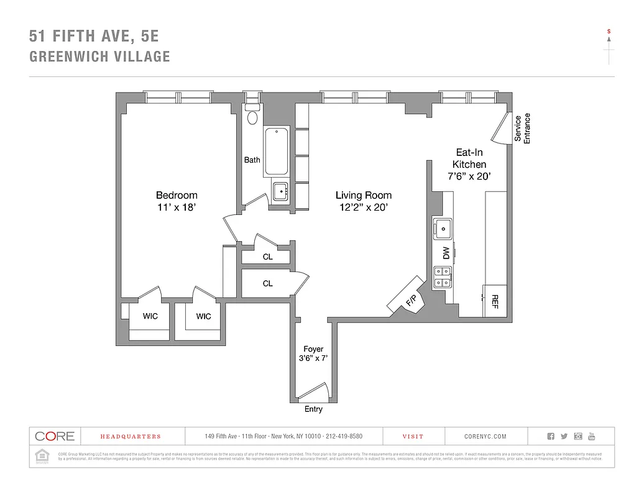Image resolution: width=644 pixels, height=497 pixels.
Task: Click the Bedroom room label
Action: click(x=177, y=195)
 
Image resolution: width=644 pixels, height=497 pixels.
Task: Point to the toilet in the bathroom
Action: click(x=252, y=117)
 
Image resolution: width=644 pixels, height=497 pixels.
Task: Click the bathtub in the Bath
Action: click(x=276, y=152)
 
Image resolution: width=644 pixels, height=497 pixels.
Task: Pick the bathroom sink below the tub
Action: click(x=281, y=191)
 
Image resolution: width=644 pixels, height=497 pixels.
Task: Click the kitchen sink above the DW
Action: click(x=443, y=229)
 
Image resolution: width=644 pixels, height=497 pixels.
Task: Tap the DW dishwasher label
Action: click(x=446, y=253)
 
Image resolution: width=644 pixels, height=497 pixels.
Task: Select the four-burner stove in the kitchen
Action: click(x=443, y=276)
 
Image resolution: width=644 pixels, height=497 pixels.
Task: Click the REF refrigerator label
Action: click(x=495, y=302)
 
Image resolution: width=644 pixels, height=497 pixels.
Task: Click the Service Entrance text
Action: click(x=522, y=128)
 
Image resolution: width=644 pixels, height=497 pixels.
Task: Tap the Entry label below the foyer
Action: click(x=313, y=409)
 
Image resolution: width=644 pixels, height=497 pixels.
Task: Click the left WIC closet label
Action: click(x=150, y=316)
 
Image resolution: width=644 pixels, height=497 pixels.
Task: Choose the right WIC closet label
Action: click(x=204, y=316)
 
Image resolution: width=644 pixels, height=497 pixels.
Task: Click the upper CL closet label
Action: click(x=267, y=257)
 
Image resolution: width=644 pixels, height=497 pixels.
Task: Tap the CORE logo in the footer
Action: click(x=55, y=436)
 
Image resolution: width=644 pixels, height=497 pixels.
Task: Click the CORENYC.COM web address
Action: click(x=485, y=437)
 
